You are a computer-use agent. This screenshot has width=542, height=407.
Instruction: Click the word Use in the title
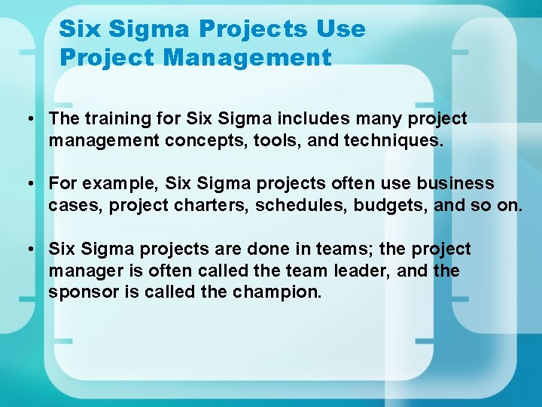coord(340,29)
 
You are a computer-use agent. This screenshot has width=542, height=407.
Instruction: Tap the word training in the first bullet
coord(112,119)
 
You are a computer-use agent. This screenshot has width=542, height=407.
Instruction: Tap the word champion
coord(282,292)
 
